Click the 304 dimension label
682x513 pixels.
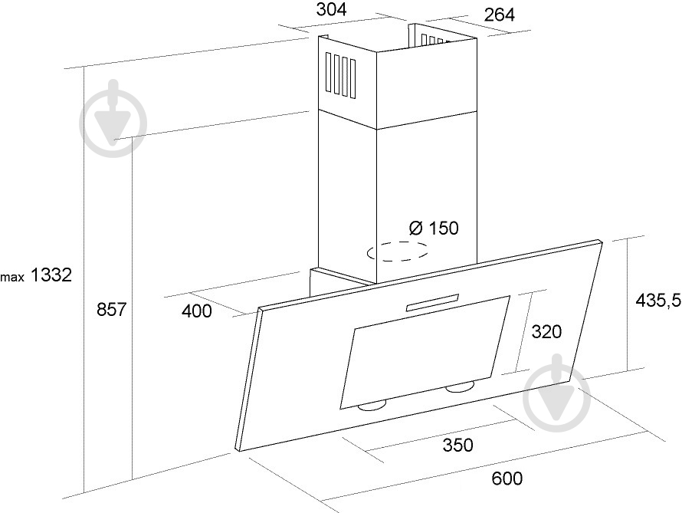pyautogui.click(x=331, y=9)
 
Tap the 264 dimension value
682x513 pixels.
pyautogui.click(x=500, y=15)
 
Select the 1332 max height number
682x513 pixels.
pyautogui.click(x=51, y=275)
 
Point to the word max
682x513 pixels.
pyautogui.click(x=12, y=278)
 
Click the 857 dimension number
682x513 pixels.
pyautogui.click(x=111, y=309)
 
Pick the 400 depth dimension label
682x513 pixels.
pyautogui.click(x=197, y=311)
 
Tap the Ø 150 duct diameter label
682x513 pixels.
pyautogui.click(x=434, y=228)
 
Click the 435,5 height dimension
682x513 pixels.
pyautogui.click(x=657, y=301)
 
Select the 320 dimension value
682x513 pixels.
pyautogui.click(x=546, y=332)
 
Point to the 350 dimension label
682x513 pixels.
pyautogui.click(x=457, y=445)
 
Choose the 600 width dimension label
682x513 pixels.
pyautogui.click(x=507, y=478)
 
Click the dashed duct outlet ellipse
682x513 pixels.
pyautogui.click(x=397, y=251)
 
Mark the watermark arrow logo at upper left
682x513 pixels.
pyautogui.click(x=113, y=118)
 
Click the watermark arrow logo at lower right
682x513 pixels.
pyautogui.click(x=557, y=393)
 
